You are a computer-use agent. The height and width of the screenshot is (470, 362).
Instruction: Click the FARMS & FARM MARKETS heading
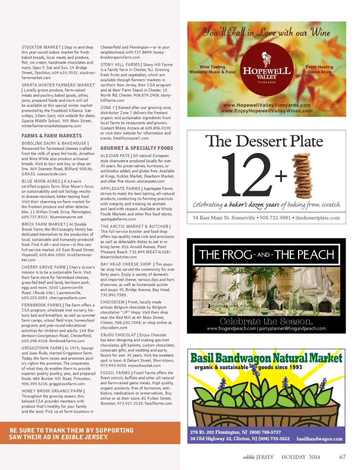52,136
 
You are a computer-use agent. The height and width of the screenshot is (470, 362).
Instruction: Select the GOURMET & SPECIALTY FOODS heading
137,148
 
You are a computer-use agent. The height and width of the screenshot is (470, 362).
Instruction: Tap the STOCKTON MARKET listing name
41,47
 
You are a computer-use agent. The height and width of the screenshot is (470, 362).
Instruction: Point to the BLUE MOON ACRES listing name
41,181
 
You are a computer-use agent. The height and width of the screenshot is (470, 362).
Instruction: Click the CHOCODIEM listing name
112,302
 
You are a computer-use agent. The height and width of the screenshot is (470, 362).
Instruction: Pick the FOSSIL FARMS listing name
115,373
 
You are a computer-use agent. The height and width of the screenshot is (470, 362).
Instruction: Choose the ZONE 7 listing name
107,108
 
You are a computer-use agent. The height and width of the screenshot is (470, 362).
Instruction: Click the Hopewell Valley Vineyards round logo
267,70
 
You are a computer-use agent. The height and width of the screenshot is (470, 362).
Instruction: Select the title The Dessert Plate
264,141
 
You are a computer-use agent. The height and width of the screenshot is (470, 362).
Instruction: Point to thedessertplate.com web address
317,218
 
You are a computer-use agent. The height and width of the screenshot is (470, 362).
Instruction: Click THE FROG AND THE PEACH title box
266,255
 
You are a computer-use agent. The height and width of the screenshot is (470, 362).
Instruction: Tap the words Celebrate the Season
266,321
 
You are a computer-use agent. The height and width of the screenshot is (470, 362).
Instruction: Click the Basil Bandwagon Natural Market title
266,358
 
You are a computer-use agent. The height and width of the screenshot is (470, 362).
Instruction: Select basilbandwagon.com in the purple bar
319,439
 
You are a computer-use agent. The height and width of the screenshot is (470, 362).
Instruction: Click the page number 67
342,457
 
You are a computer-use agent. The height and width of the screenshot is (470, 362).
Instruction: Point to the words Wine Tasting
212,67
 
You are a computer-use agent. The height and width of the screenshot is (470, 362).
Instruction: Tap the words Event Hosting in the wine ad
319,67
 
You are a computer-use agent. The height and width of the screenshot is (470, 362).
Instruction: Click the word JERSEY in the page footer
265,457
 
